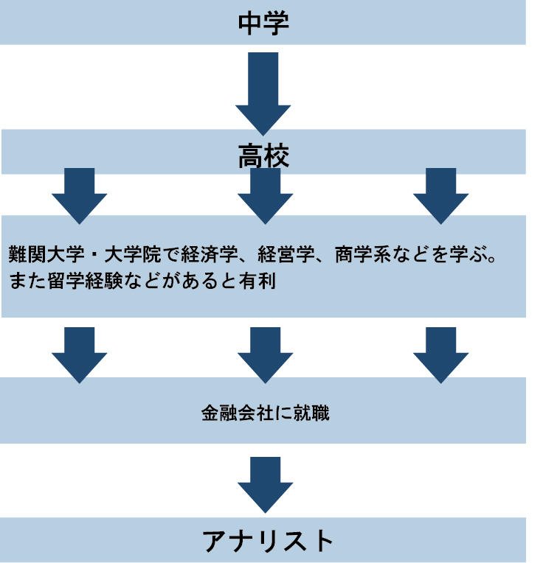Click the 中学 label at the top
[x=263, y=23]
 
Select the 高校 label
[x=263, y=156]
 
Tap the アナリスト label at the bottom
[x=268, y=542]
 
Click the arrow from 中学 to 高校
[x=263, y=92]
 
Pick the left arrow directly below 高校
[x=80, y=195]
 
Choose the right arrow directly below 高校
[x=440, y=195]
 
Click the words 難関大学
[x=43, y=255]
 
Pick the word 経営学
[x=290, y=255]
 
